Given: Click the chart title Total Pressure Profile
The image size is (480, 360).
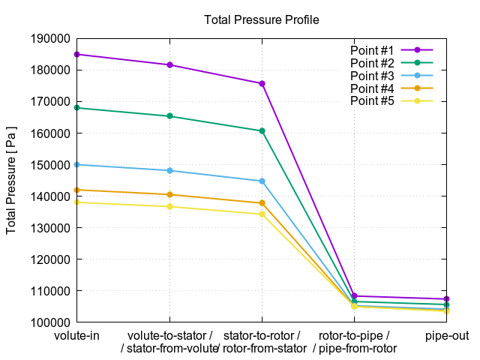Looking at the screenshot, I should [261, 20].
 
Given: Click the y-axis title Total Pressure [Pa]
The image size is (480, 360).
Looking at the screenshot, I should [11, 180].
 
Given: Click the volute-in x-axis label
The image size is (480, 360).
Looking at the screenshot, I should [77, 335].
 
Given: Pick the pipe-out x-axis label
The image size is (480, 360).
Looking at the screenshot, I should [447, 335].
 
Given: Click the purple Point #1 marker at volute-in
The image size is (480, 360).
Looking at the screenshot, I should [77, 54].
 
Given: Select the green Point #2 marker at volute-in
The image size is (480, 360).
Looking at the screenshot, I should [77, 108].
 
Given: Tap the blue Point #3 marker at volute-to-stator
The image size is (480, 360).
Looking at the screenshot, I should [169, 170].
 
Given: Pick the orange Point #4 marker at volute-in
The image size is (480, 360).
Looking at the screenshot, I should [77, 190].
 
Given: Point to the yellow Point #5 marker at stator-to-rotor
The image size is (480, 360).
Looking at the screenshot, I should [262, 214].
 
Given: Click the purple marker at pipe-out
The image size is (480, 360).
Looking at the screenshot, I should [447, 299].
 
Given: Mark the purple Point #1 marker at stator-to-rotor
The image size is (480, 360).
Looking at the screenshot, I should [262, 83].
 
